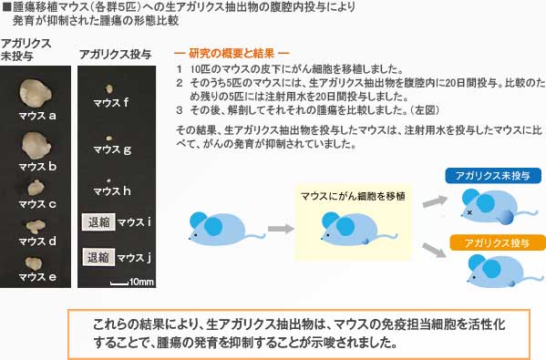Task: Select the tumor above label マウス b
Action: [x=36, y=144]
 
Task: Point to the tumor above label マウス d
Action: [x=36, y=225]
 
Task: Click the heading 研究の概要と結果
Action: [x=232, y=52]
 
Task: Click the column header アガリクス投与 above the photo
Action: [x=115, y=54]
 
